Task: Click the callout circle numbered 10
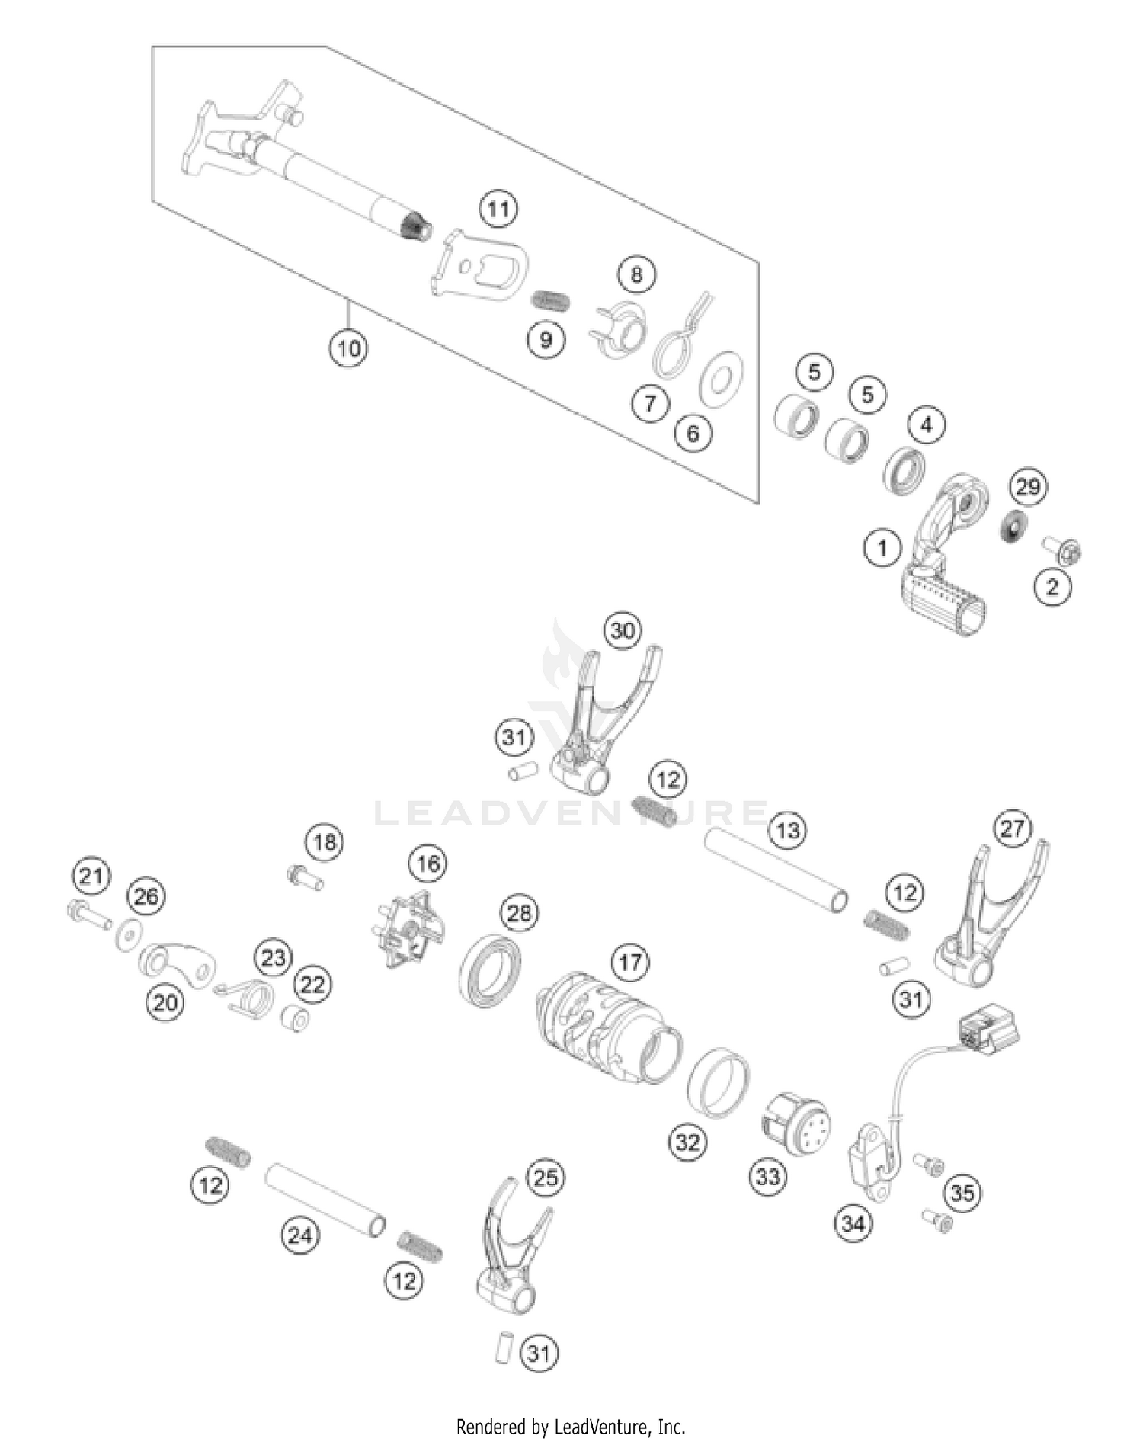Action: click(x=348, y=349)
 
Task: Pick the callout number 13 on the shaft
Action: click(x=788, y=829)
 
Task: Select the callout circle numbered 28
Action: click(x=519, y=913)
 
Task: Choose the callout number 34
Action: click(x=853, y=1223)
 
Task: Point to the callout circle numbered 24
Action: click(x=299, y=1235)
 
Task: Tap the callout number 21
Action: click(x=91, y=876)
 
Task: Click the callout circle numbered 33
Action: click(x=768, y=1177)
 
